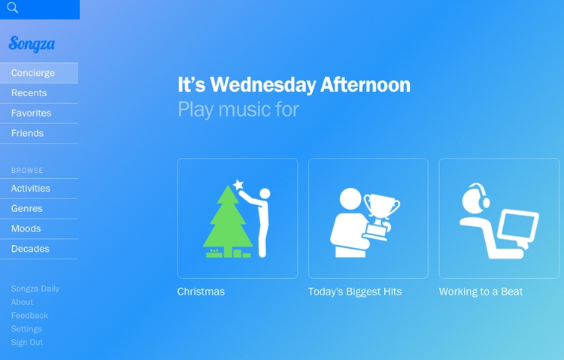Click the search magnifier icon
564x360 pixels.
(12, 8)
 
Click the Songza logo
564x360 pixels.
(32, 44)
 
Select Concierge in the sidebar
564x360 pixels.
(33, 73)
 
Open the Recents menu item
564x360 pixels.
(29, 93)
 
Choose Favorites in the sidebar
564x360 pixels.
(32, 113)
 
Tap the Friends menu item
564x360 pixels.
(27, 134)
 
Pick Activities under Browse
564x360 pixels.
(31, 189)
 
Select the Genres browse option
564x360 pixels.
(27, 209)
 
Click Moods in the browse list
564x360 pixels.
(26, 228)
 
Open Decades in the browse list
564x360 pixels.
(30, 249)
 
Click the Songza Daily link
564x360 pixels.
(35, 289)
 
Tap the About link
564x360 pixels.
(22, 302)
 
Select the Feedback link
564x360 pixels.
(29, 316)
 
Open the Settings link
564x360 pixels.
(26, 329)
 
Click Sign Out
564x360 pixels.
(27, 343)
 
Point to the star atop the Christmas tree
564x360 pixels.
(238, 185)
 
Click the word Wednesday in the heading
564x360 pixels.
(263, 85)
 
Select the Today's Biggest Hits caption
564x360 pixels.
(355, 292)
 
